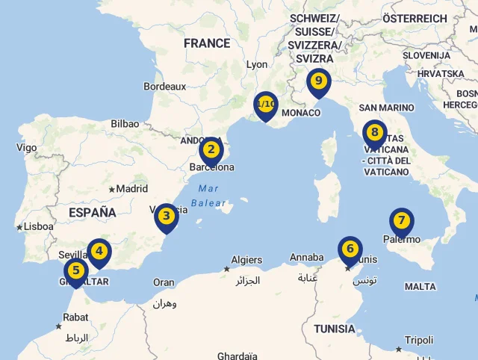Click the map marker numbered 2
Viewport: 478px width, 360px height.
(x=211, y=149)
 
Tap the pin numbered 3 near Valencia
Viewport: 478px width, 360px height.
(x=166, y=217)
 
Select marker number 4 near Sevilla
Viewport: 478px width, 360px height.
(x=99, y=251)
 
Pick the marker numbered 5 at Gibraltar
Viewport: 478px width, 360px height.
(x=75, y=270)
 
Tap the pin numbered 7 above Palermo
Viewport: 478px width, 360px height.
(x=401, y=220)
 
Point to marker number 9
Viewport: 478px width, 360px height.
(x=319, y=81)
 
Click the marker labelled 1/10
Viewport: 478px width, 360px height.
(x=265, y=104)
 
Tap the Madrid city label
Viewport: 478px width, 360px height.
(x=131, y=189)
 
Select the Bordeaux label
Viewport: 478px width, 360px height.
(x=164, y=87)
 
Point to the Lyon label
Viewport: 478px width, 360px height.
(x=256, y=65)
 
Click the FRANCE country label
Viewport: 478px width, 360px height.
(x=207, y=43)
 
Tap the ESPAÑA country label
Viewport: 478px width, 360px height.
(x=93, y=212)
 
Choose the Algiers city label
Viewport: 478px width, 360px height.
(x=246, y=260)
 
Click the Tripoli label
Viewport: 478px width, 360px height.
(x=418, y=340)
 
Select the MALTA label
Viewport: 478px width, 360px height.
(x=420, y=287)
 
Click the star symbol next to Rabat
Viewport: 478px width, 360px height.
(x=59, y=326)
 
